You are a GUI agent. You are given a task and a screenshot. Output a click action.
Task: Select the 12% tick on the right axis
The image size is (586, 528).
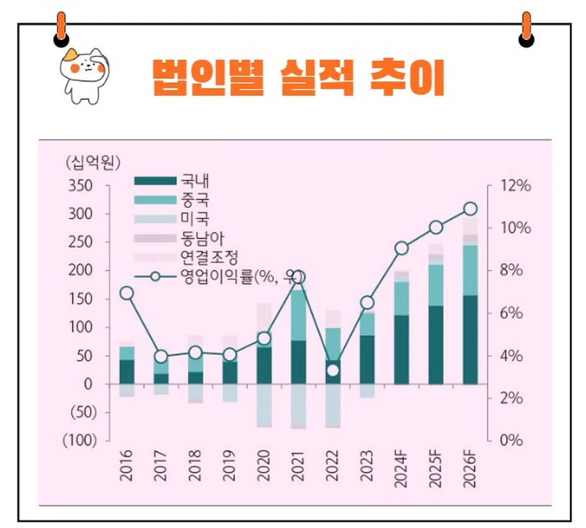point(515,186)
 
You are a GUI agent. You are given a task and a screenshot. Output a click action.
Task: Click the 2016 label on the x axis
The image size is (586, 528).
point(126,466)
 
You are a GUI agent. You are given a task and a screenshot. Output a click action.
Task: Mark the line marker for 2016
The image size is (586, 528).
point(126,293)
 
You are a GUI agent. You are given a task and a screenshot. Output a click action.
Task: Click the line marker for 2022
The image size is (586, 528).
point(333,371)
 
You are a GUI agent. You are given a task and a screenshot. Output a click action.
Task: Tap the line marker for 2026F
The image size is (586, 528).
point(470,209)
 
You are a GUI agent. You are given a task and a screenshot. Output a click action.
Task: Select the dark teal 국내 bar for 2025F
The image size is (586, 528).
point(436,345)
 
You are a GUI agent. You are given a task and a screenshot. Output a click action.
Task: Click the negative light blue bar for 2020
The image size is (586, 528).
point(264,405)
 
